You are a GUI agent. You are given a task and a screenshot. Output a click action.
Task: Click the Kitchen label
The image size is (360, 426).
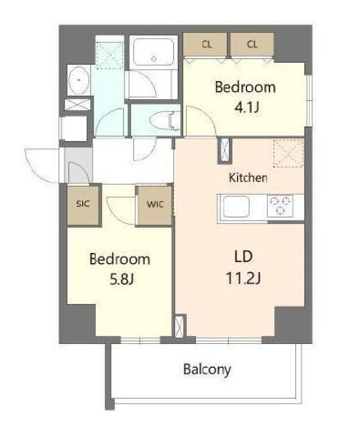point(248,177)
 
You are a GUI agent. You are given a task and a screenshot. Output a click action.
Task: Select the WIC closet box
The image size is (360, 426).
point(154,204)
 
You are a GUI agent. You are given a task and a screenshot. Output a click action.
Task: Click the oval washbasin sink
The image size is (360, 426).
point(80,83)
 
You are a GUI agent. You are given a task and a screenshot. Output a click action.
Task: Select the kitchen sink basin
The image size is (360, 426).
point(236,206)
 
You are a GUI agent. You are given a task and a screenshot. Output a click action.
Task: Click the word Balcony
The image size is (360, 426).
point(207,369)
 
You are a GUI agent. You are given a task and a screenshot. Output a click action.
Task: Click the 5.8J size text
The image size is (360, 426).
point(120,279)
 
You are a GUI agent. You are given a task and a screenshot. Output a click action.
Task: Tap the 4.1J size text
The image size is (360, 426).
point(244,105)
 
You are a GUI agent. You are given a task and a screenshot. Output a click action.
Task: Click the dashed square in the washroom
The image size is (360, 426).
point(109,52)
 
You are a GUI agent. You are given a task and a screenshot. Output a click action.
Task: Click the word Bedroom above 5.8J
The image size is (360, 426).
point(120,259)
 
